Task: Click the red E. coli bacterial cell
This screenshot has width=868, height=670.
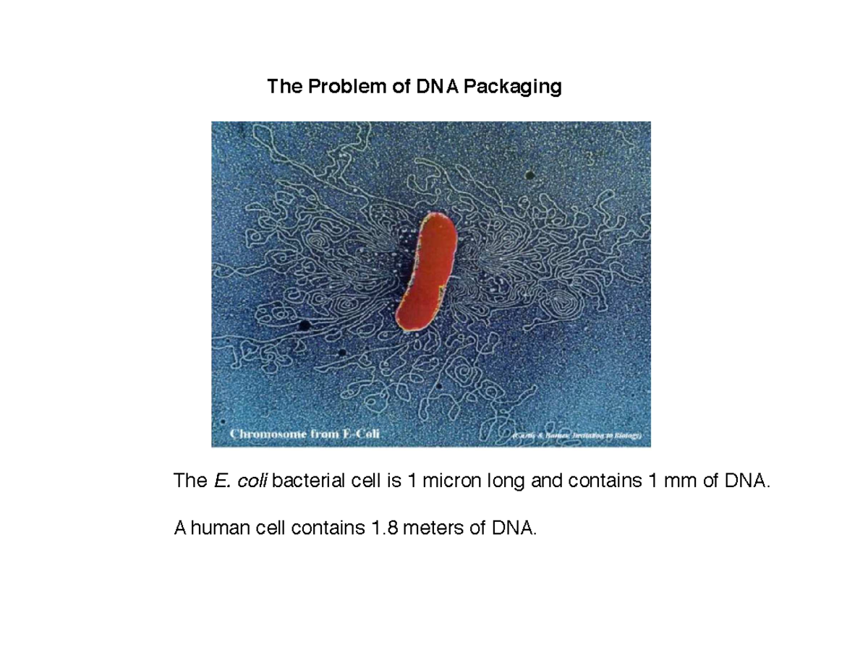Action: tap(427, 271)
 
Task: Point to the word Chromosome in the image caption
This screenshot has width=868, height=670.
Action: tap(272, 434)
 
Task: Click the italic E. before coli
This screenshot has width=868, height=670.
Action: tap(221, 480)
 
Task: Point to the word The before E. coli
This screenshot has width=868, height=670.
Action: tap(190, 480)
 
